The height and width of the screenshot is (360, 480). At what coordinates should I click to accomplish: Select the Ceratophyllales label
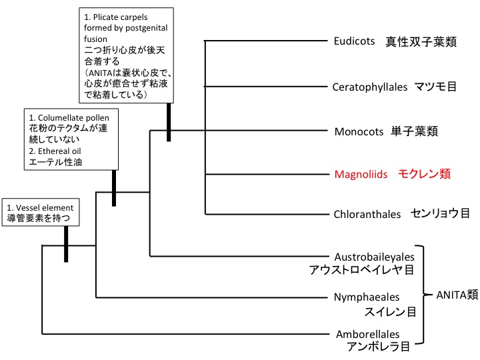[370, 87]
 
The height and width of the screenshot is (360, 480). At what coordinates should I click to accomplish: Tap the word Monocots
[358, 131]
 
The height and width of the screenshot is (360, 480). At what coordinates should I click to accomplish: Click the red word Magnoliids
[361, 175]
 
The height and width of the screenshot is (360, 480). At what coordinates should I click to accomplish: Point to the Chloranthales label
[367, 214]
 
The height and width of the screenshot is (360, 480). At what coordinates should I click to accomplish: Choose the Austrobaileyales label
[374, 257]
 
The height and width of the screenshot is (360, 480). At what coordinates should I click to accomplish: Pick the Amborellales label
[366, 335]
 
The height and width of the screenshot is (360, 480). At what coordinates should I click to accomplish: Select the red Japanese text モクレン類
[425, 175]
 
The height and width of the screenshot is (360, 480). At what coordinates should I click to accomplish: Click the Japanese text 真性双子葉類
[421, 41]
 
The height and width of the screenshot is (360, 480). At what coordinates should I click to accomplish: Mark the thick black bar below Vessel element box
[66, 243]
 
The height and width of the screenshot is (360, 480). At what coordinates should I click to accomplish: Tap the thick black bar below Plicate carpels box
[169, 122]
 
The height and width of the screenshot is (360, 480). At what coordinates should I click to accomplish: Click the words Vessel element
[48, 207]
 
